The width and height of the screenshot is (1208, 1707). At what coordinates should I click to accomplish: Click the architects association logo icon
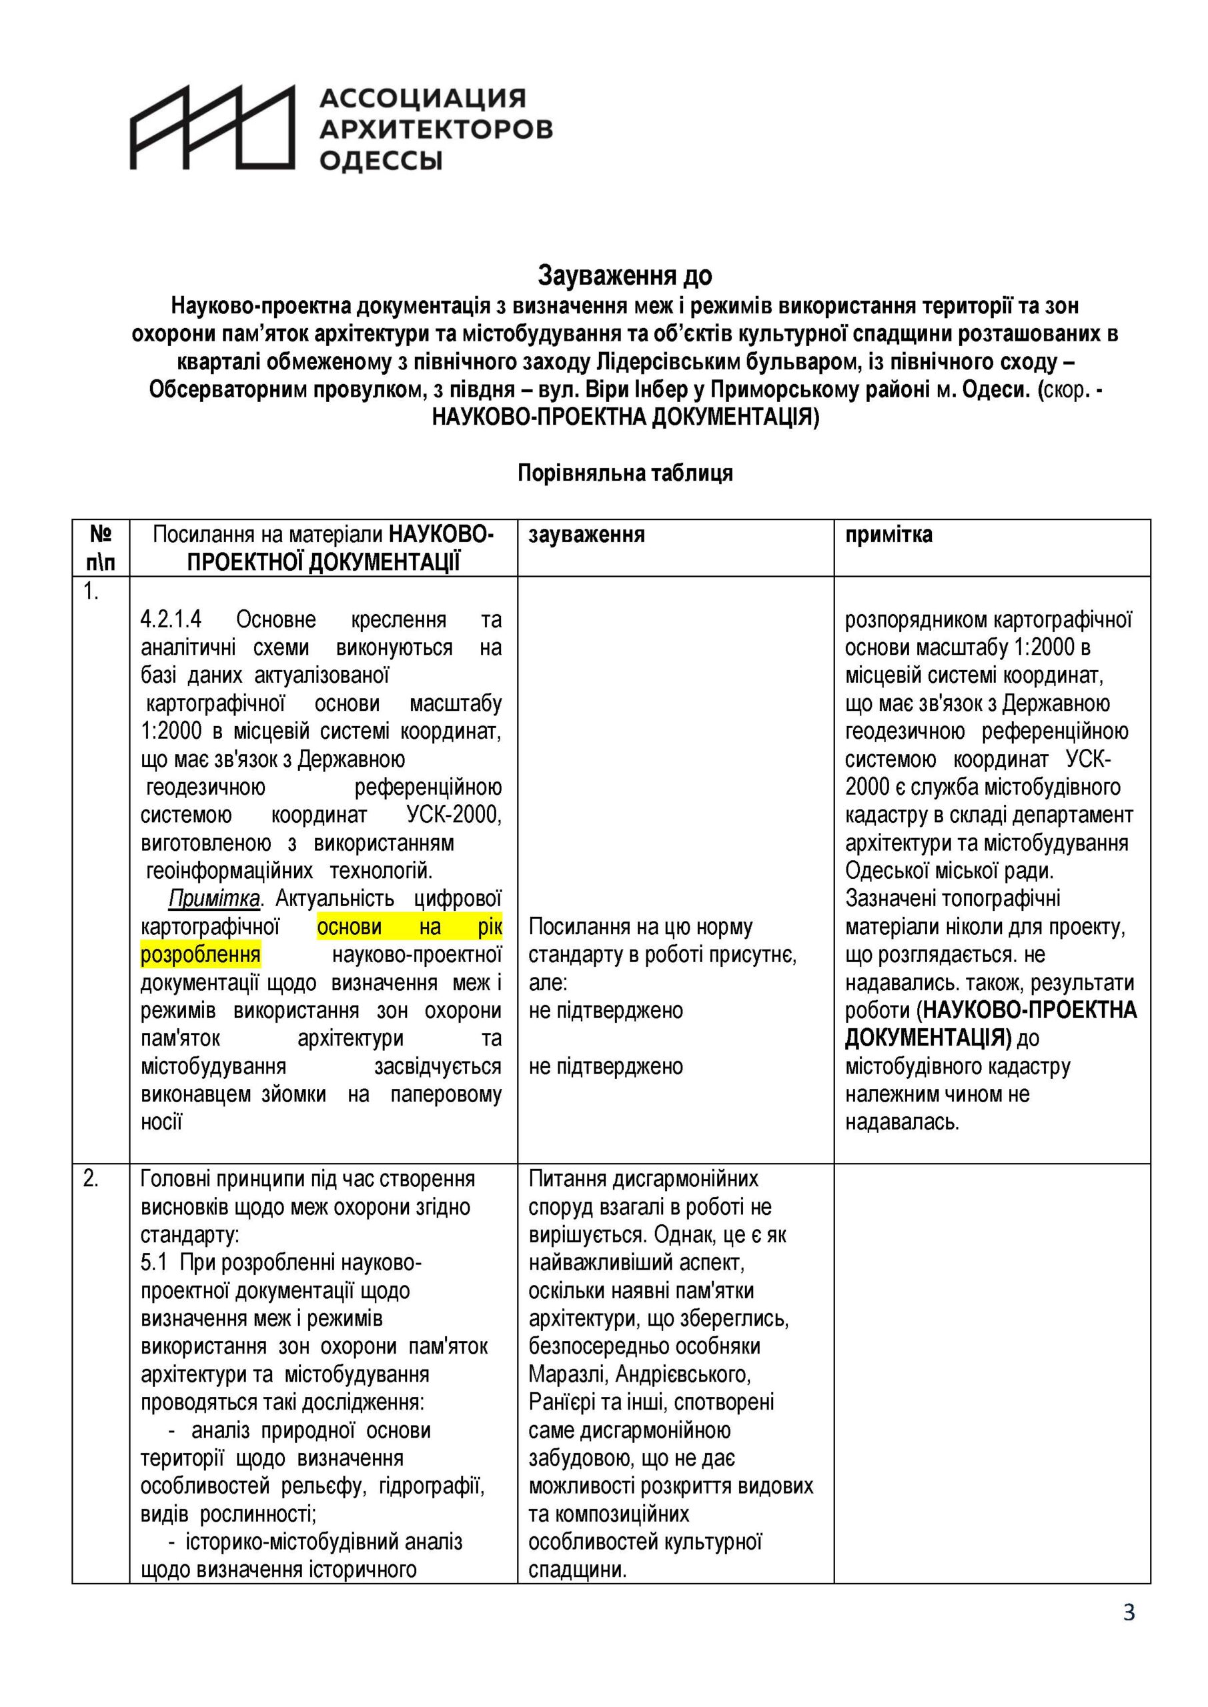click(213, 127)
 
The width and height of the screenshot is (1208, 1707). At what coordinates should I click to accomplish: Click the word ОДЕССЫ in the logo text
click(381, 161)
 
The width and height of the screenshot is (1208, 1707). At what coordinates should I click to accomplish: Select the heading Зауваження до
click(625, 276)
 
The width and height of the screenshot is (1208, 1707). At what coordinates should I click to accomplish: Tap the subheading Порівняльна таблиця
click(625, 473)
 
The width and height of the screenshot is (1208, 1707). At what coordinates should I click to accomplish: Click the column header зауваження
click(586, 535)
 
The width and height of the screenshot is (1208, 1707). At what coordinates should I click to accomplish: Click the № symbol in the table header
click(101, 535)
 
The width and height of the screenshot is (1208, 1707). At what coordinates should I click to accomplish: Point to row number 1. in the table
click(91, 593)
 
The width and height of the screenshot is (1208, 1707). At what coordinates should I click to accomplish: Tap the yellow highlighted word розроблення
click(200, 955)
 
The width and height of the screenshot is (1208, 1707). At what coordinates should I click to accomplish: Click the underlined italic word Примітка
click(213, 899)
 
